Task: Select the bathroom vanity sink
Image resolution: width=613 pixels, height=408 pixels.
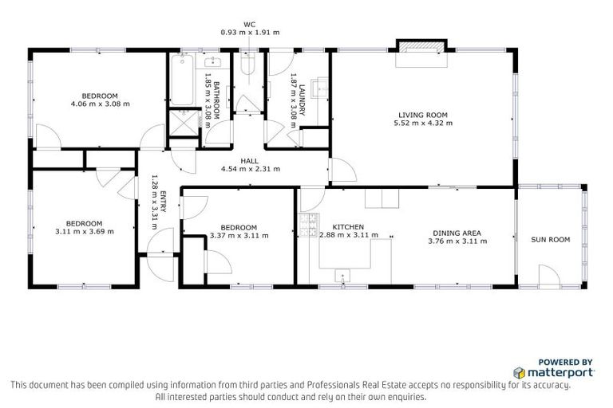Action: point(213,63)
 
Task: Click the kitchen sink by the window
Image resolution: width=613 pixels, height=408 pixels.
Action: point(344,277)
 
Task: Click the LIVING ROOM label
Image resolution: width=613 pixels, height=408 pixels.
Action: point(425,114)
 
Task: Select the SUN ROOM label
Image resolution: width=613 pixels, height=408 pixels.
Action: point(551,239)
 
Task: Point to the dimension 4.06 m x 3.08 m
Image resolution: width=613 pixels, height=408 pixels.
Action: point(100,104)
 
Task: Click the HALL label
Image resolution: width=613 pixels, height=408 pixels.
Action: point(249,160)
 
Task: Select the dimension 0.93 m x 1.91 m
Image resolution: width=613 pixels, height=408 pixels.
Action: point(249,32)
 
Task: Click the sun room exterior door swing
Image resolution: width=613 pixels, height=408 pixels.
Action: point(549,277)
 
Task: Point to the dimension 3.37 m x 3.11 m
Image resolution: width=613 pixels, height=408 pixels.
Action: point(239,235)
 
